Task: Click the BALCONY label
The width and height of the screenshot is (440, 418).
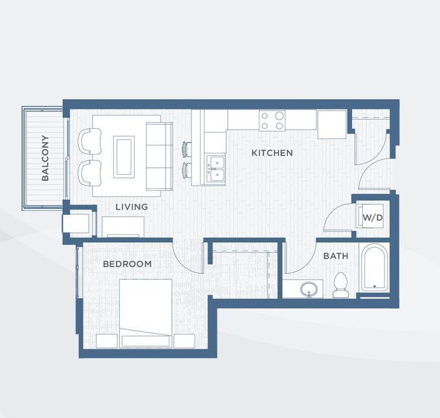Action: pos(45,157)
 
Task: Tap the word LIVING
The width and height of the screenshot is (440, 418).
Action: pos(131,207)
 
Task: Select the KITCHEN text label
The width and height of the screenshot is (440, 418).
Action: pos(272,153)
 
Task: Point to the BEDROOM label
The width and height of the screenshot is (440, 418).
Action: pos(127,264)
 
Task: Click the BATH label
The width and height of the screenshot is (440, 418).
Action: pos(335,256)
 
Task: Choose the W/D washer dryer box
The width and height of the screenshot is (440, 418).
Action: pos(372,217)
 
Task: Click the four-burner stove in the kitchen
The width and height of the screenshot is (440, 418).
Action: pos(272,120)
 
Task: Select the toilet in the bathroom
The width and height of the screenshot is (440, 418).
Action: pos(340,285)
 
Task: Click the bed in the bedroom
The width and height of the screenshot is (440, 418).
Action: pos(146,311)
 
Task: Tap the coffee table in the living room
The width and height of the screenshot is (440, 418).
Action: pos(124,157)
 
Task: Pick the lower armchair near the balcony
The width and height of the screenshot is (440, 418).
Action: pos(90,171)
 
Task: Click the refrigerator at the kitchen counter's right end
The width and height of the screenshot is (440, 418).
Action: pos(331,124)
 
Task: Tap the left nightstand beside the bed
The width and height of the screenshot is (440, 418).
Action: pos(105,341)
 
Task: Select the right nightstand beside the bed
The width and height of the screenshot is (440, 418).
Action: pos(184,341)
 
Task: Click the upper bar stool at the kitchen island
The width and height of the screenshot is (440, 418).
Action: pos(187,149)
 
